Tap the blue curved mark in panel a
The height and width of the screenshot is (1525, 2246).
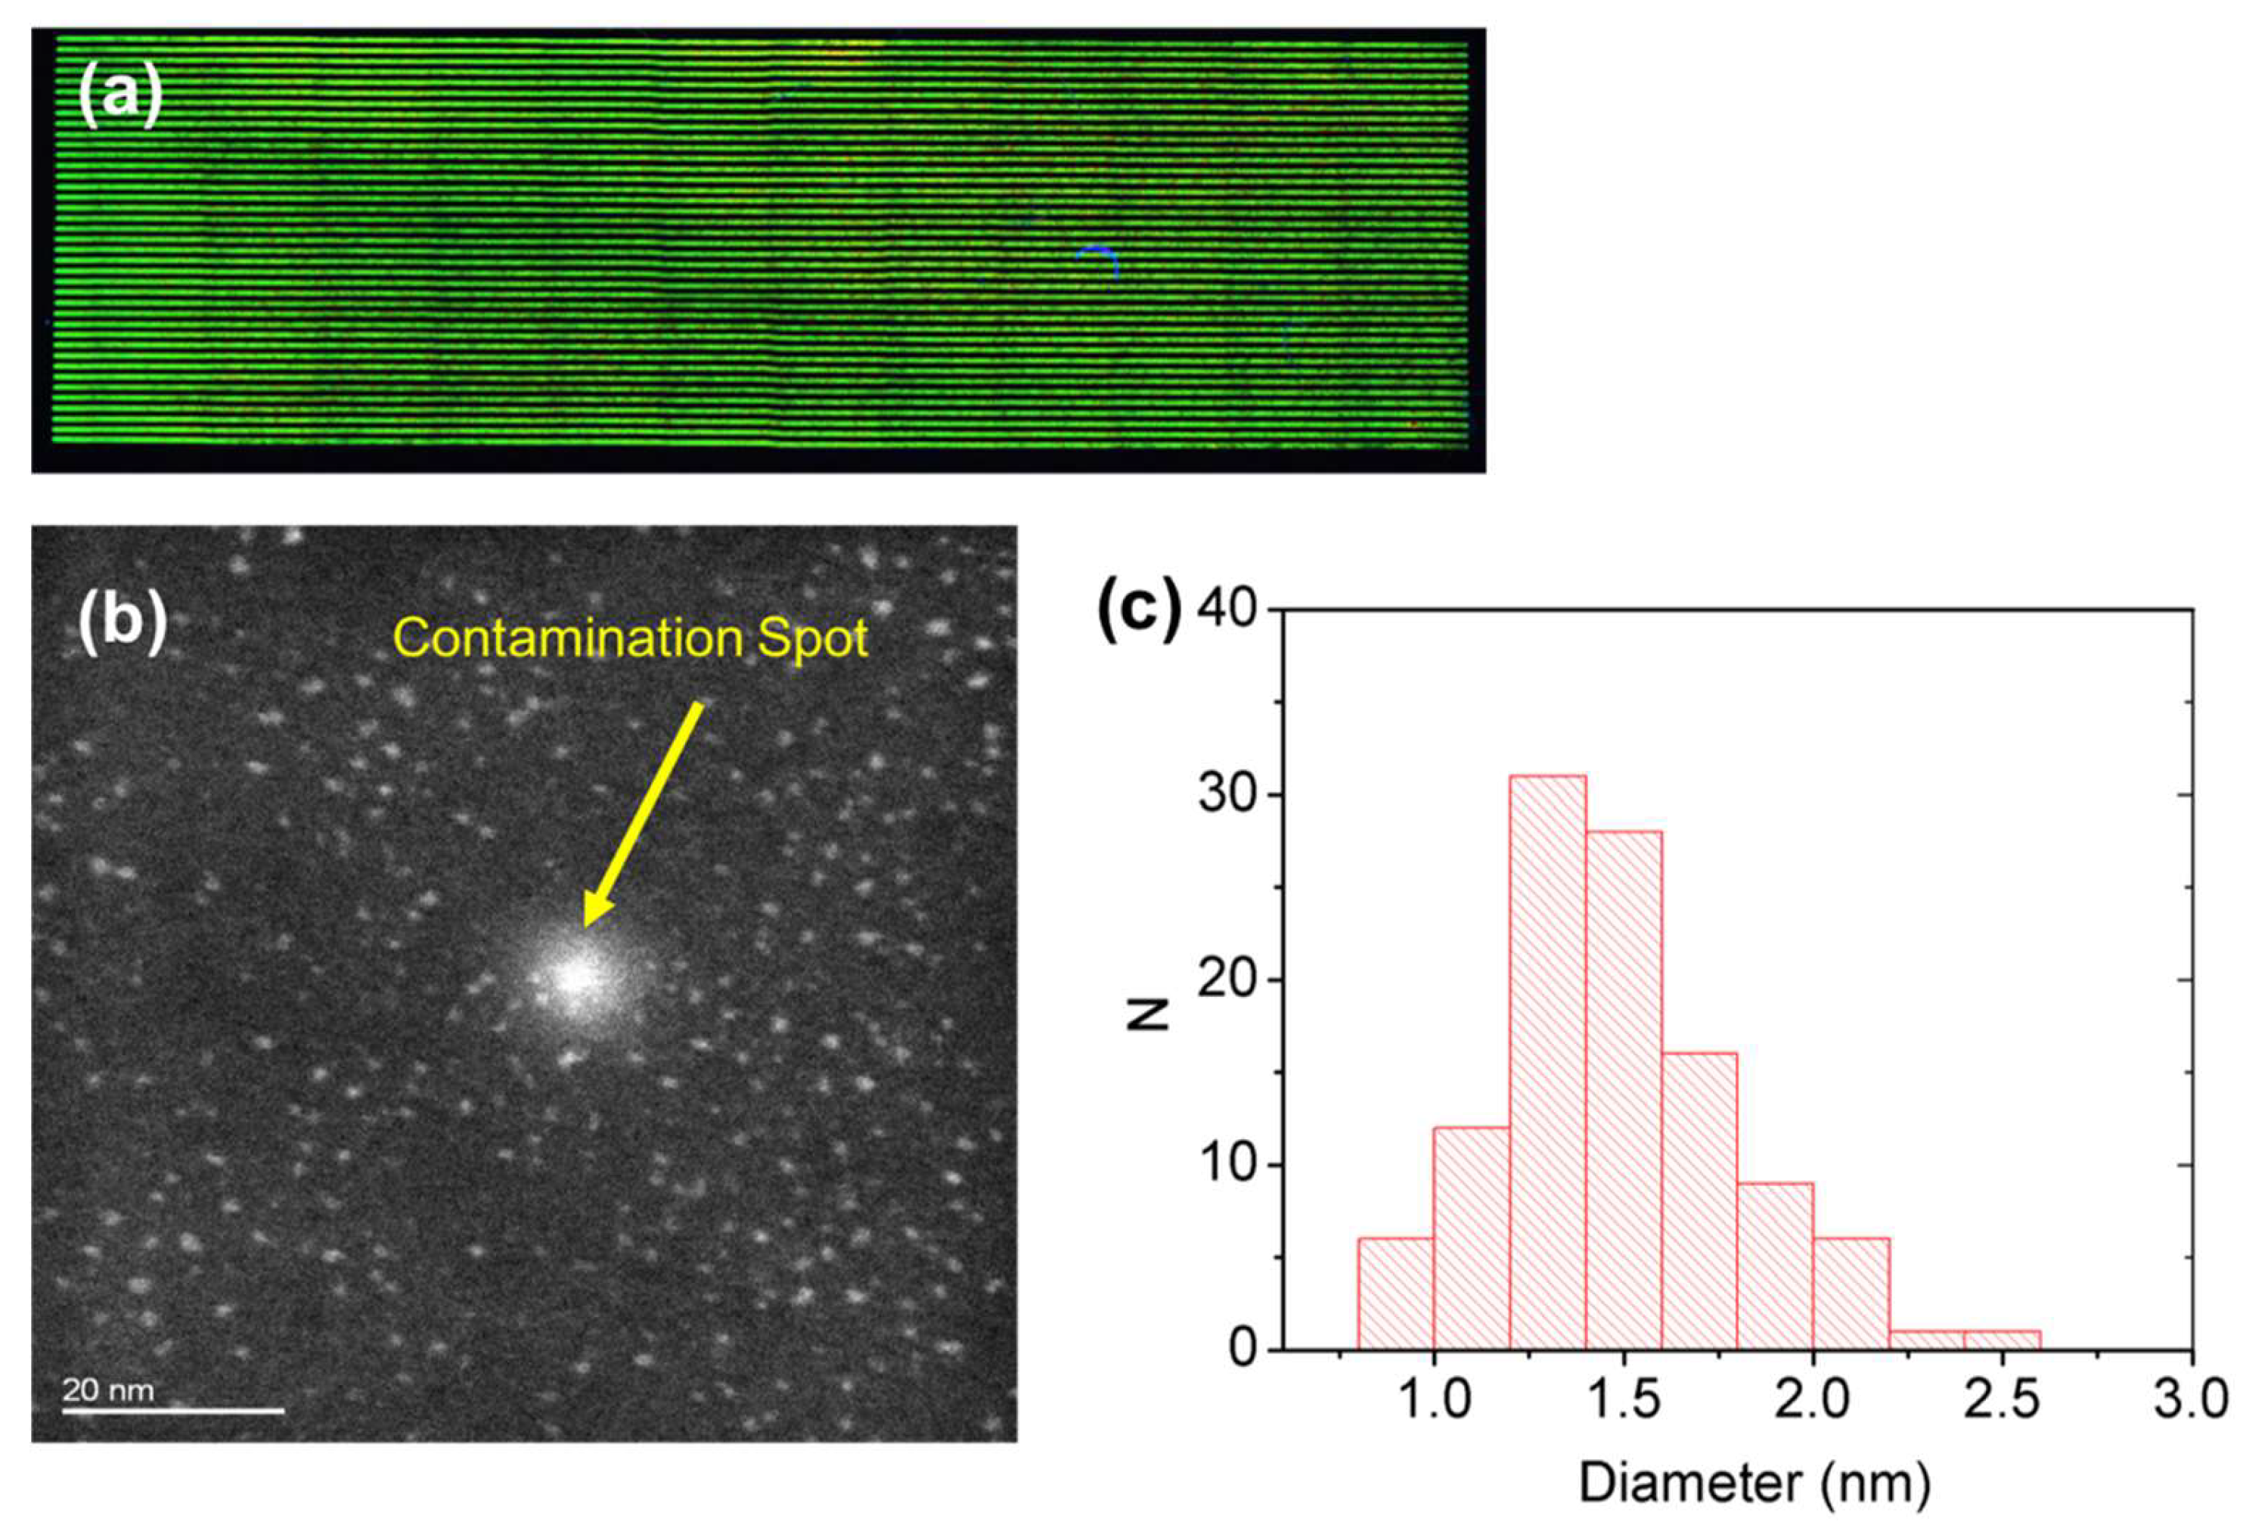[x=1100, y=256]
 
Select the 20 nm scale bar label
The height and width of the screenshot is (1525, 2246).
[x=108, y=1390]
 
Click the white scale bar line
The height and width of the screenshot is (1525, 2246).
[x=174, y=1411]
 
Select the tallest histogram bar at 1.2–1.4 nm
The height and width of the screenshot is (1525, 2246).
[x=1547, y=1063]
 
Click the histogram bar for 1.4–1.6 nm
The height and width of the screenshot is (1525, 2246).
[x=1624, y=1092]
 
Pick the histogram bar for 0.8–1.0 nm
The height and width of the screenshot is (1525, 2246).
[x=1395, y=1295]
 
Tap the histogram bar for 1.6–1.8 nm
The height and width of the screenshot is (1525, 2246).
[x=1699, y=1204]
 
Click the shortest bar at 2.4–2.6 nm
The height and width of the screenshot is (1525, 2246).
[x=2002, y=1340]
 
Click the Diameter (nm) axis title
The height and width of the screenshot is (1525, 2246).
[x=1754, y=1483]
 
